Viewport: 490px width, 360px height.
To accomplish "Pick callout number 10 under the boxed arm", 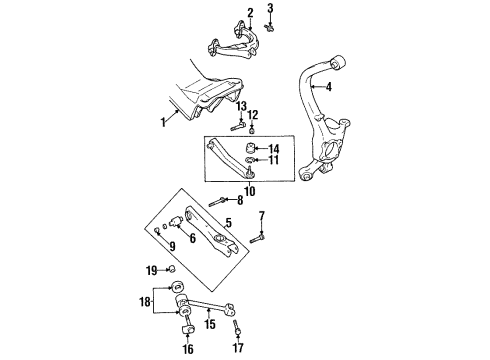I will pos(250,191).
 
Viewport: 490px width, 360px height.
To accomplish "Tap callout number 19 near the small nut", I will pos(151,270).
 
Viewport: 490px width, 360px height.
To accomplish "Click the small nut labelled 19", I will pos(172,270).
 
